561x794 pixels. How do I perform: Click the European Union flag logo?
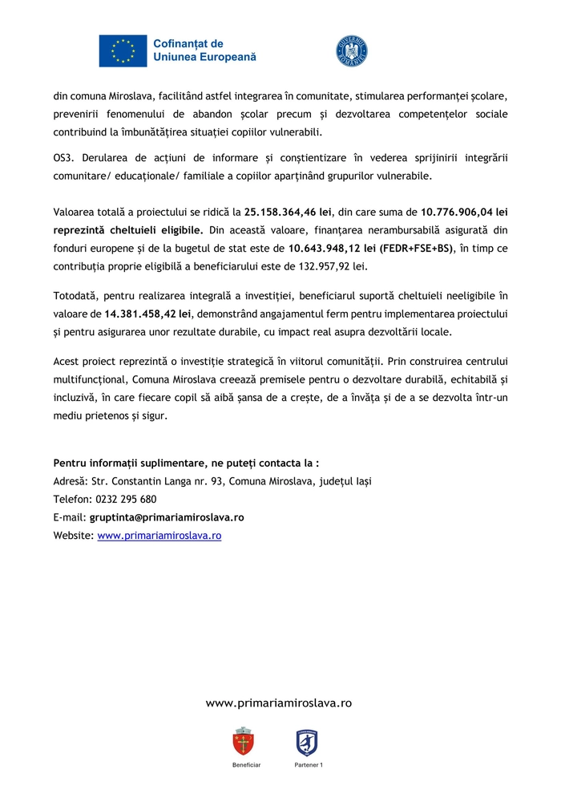123,51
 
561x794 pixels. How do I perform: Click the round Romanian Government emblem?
351,51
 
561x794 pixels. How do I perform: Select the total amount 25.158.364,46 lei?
287,213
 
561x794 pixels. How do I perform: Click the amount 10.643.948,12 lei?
332,249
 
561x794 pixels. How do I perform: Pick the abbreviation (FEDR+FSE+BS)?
417,249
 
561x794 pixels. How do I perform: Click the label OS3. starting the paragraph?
63,157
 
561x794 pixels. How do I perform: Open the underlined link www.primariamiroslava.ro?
159,535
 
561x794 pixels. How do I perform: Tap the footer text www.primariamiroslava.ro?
279,703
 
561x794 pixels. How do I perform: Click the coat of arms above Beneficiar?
244,741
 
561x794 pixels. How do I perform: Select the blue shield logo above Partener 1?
306,742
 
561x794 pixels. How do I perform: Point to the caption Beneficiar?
246,765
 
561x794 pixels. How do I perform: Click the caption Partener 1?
308,765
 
